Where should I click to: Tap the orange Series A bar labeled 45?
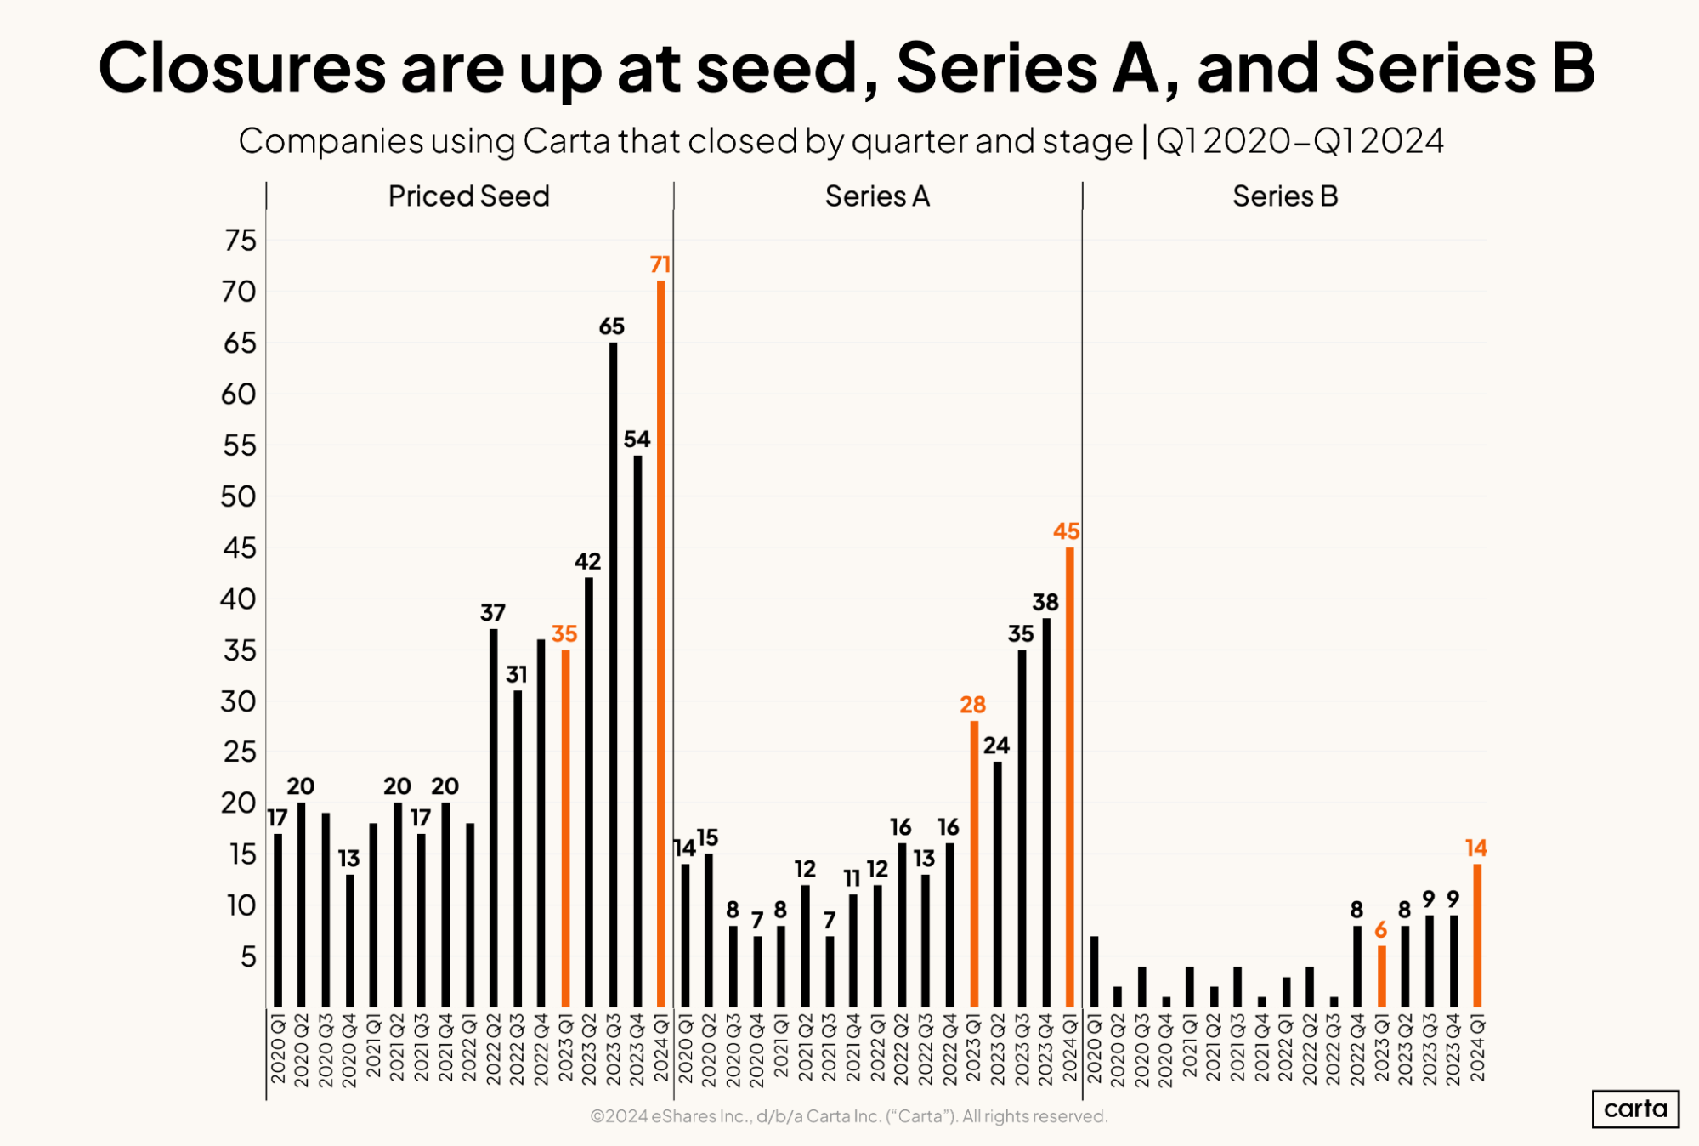point(1069,777)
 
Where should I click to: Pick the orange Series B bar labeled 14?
point(1477,935)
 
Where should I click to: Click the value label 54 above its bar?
point(637,440)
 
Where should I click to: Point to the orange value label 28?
point(972,705)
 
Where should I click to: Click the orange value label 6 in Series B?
point(1380,930)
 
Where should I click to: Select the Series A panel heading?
point(877,196)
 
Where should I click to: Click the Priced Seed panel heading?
point(468,196)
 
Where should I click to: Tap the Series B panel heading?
point(1285,196)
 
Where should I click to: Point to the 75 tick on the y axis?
point(241,241)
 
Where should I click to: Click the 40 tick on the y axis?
point(238,599)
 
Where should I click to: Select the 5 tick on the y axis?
point(247,957)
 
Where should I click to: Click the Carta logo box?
point(1634,1109)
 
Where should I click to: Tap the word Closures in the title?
point(241,68)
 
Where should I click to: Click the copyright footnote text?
point(848,1116)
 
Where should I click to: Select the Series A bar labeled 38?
point(1046,813)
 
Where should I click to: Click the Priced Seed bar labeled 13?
point(350,940)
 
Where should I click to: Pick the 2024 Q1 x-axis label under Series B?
point(1477,1047)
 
